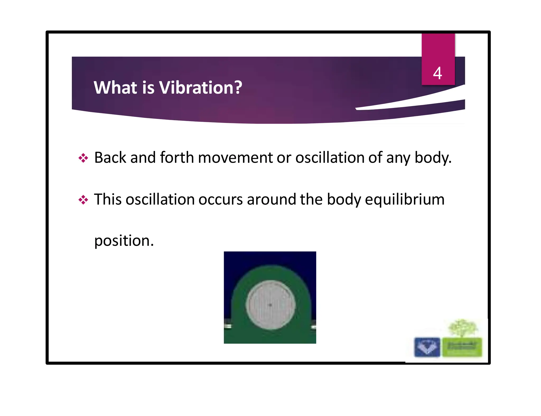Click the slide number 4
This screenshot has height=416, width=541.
pyautogui.click(x=437, y=73)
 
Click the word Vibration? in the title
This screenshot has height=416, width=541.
pyautogui.click(x=201, y=88)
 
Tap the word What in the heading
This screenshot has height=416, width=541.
pyautogui.click(x=116, y=88)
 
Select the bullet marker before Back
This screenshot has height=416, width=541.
pyautogui.click(x=83, y=158)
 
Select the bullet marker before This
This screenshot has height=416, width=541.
pyautogui.click(x=83, y=200)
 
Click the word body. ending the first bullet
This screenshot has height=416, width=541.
pyautogui.click(x=433, y=158)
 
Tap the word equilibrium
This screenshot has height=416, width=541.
pyautogui.click(x=404, y=200)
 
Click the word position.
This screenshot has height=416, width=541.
pyautogui.click(x=124, y=241)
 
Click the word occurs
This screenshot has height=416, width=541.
pyautogui.click(x=220, y=200)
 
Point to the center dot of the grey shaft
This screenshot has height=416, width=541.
pyautogui.click(x=270, y=305)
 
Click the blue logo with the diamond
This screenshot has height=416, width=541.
pyautogui.click(x=427, y=347)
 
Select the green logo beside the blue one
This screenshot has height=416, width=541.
pyautogui.click(x=462, y=347)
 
